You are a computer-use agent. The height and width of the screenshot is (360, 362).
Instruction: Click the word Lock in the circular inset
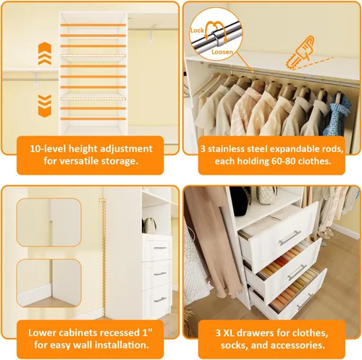tap(197, 30)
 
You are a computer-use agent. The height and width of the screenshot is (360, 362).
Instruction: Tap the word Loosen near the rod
tap(222, 51)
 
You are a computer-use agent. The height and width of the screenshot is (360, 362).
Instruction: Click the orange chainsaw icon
tap(300, 53)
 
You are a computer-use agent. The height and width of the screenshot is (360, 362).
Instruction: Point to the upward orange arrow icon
tap(45, 54)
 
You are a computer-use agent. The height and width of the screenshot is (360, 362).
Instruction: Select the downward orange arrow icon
tap(45, 106)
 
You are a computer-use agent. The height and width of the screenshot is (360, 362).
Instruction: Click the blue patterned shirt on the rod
tap(337, 114)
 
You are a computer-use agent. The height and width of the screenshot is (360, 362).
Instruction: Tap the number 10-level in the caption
tap(48, 148)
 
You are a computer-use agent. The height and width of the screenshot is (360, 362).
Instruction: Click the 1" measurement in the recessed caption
tap(147, 332)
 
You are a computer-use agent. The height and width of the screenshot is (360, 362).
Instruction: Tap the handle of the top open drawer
tap(290, 238)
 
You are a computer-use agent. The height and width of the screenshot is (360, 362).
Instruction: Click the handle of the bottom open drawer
tap(305, 301)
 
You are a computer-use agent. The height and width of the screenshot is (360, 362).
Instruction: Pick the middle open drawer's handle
tap(298, 272)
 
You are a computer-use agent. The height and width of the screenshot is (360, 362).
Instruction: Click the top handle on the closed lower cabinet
tap(160, 248)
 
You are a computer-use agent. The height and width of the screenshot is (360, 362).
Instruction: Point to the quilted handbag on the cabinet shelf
tap(150, 225)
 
